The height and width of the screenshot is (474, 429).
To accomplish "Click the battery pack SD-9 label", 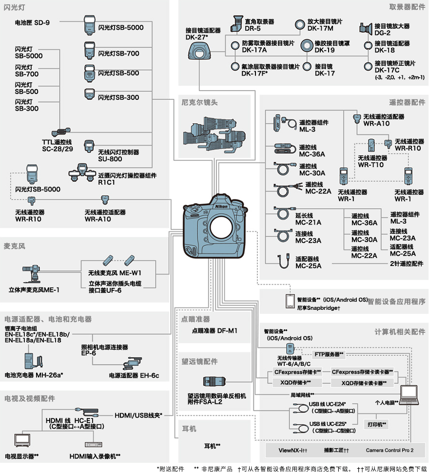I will (x=32, y=22).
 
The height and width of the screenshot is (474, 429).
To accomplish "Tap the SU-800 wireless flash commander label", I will (x=118, y=155).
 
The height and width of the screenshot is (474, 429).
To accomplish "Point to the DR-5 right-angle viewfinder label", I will (x=259, y=25).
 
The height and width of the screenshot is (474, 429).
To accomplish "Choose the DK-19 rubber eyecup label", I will (x=331, y=46).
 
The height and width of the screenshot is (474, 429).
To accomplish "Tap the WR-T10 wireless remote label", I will (x=372, y=161).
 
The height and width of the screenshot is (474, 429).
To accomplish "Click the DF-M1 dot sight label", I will (x=214, y=331).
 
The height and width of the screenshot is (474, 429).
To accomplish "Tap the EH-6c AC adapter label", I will (x=134, y=376).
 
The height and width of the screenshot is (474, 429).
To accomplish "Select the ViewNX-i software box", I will (x=292, y=451).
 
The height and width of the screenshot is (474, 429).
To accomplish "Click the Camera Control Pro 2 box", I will (x=390, y=451).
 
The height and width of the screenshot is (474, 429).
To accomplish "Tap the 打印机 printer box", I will (x=377, y=424).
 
